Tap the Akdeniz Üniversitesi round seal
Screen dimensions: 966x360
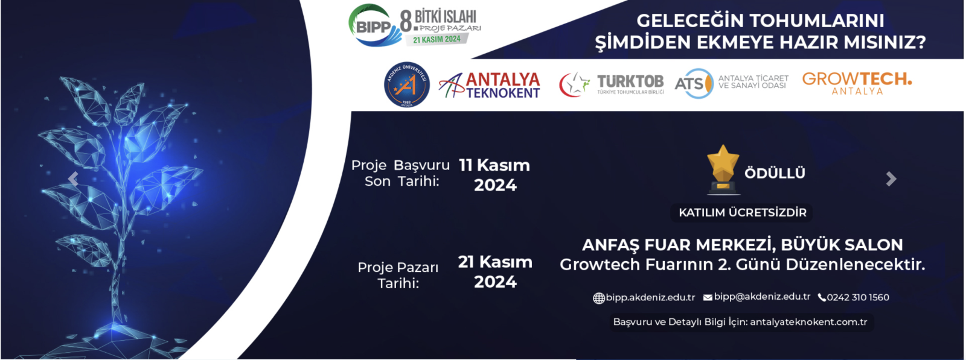(407, 84)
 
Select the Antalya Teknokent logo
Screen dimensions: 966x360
(490, 85)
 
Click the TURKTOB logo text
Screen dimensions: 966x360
(630, 81)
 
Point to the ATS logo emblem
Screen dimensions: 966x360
(694, 84)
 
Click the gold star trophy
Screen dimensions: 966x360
(723, 169)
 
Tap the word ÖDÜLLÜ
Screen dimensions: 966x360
(775, 173)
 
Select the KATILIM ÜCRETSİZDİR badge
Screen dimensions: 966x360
(742, 213)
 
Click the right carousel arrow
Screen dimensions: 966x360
(891, 178)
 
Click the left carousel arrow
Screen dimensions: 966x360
(73, 178)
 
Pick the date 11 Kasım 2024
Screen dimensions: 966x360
(494, 175)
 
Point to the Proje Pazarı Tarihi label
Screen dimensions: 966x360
(398, 275)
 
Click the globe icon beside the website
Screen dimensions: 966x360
(598, 298)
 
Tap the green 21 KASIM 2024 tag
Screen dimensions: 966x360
(437, 39)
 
